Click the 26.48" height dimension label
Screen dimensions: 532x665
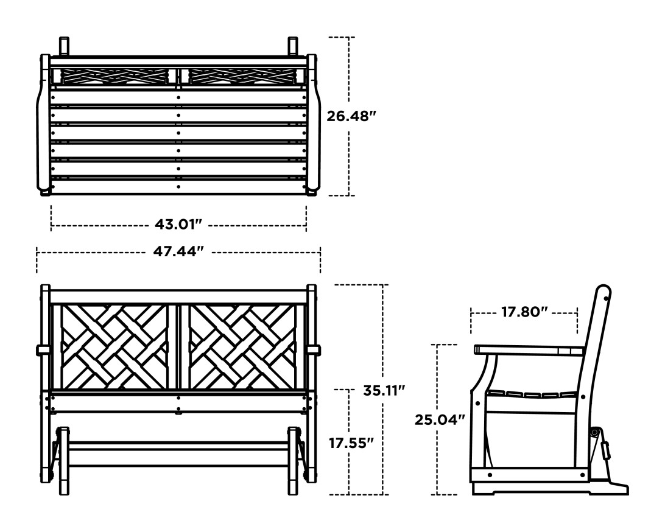tap(348, 116)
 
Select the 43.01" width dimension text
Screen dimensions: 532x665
tap(178, 225)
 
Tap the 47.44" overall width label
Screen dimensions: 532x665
tap(178, 251)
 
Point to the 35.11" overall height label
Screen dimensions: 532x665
tap(384, 390)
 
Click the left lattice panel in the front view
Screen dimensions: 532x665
tap(114, 347)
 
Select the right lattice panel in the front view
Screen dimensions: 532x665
tap(242, 347)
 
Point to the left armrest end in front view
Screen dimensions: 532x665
tap(43, 349)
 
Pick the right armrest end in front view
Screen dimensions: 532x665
tap(314, 349)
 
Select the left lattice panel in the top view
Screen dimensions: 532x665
tap(114, 76)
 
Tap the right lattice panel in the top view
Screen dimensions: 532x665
tap(242, 76)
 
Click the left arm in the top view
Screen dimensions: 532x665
tap(44, 125)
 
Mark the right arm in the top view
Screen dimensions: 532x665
tap(313, 125)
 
